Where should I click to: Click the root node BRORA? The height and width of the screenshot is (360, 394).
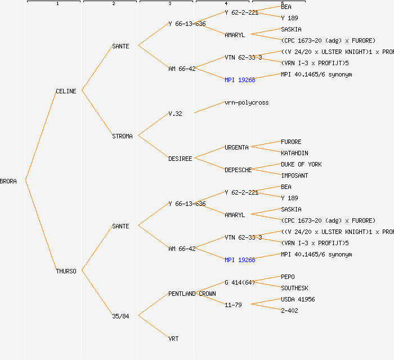pyautogui.click(x=8, y=181)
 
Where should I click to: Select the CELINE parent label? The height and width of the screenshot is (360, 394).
pyautogui.click(x=66, y=91)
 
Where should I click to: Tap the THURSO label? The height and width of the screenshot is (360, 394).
pyautogui.click(x=66, y=271)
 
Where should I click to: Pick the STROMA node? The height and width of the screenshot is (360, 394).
pyautogui.click(x=122, y=136)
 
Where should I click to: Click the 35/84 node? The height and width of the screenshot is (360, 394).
pyautogui.click(x=120, y=316)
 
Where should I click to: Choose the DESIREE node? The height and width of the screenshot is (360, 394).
pyautogui.click(x=180, y=159)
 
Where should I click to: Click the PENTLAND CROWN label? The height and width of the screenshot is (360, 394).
pyautogui.click(x=192, y=294)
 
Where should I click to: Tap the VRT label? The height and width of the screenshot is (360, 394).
pyautogui.click(x=173, y=339)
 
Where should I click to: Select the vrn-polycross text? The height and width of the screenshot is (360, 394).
pyautogui.click(x=247, y=102)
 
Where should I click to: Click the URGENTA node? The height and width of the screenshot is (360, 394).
pyautogui.click(x=236, y=147)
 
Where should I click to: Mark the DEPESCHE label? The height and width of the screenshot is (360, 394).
pyautogui.click(x=238, y=170)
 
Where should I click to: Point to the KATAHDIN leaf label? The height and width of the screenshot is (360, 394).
pyautogui.click(x=294, y=153)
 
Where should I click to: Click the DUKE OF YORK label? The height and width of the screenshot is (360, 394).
pyautogui.click(x=301, y=164)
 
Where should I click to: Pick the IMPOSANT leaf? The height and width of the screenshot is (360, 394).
pyautogui.click(x=294, y=175)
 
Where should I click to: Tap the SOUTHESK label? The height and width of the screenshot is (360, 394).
pyautogui.click(x=294, y=288)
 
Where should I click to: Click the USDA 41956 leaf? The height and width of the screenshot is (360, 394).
pyautogui.click(x=298, y=299)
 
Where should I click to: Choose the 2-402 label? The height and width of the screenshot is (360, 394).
pyautogui.click(x=289, y=310)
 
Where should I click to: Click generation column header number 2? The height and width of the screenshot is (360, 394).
pyautogui.click(x=113, y=4)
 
